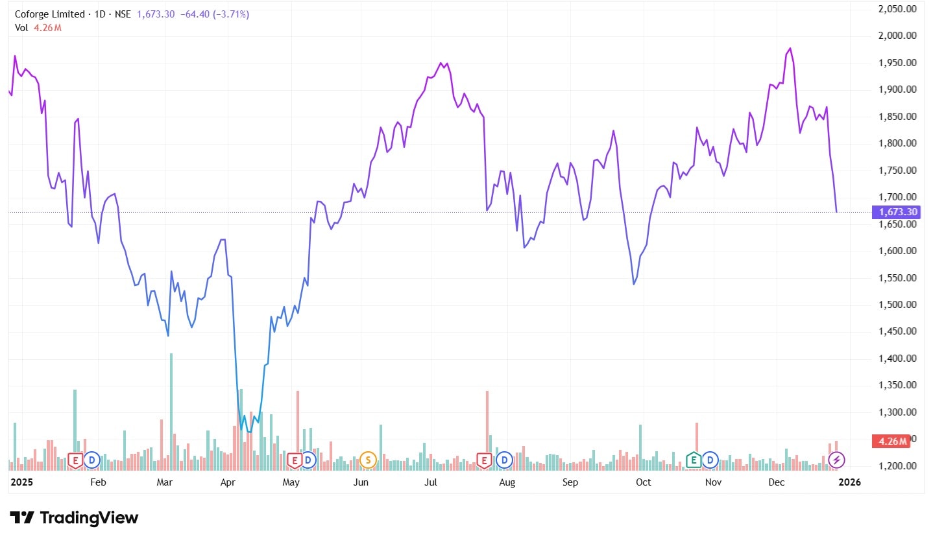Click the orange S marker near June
(368, 460)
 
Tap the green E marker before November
(694, 460)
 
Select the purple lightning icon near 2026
(837, 460)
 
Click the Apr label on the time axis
(228, 482)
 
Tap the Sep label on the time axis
(570, 482)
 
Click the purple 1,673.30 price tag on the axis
(897, 212)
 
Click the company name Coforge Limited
(49, 14)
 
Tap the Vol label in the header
(21, 27)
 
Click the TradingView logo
(74, 517)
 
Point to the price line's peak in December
(790, 49)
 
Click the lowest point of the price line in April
(249, 431)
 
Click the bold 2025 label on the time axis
(22, 482)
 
